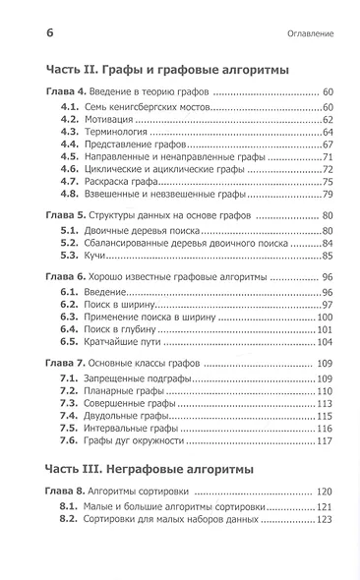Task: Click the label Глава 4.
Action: [x=67, y=91]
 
